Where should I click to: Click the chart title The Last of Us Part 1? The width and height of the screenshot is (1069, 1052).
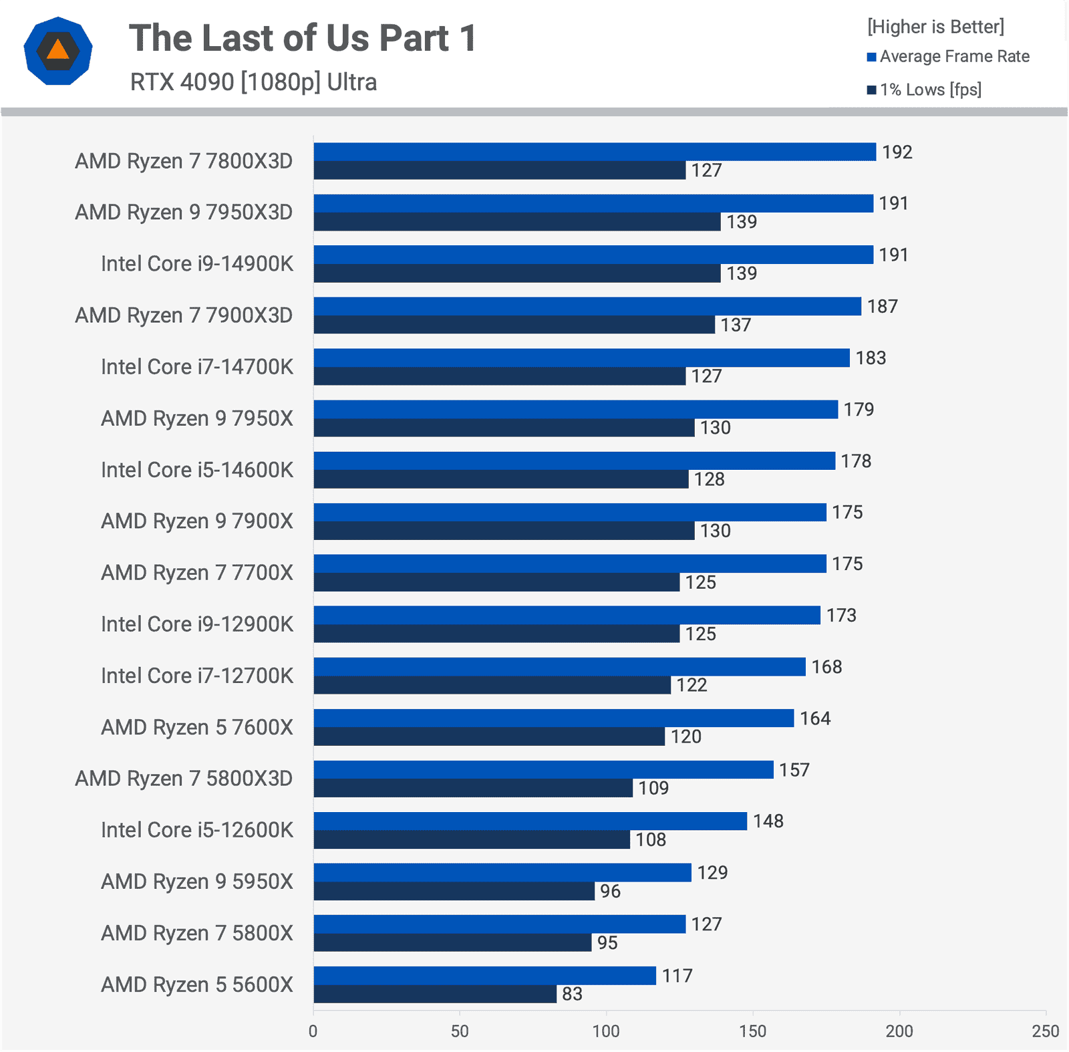click(x=302, y=38)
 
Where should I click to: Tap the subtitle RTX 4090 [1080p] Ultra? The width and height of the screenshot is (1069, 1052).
click(x=253, y=82)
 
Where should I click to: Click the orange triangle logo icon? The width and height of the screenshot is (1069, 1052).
click(x=58, y=51)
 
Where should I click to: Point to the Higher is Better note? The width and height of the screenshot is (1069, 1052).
click(x=935, y=27)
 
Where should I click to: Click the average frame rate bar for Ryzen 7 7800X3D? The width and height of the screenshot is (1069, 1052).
click(x=595, y=152)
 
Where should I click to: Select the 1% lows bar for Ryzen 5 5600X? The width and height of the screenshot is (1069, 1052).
click(x=435, y=994)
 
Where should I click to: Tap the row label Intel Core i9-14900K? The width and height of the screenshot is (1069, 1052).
click(x=197, y=263)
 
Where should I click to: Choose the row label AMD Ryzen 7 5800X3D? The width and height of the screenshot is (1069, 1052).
click(x=184, y=779)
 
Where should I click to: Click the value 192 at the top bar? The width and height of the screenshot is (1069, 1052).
click(x=897, y=152)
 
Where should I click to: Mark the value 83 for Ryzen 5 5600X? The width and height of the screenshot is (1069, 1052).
click(x=572, y=994)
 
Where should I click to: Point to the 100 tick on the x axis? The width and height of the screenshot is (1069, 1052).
click(x=606, y=1031)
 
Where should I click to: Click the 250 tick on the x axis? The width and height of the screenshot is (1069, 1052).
click(x=1045, y=1031)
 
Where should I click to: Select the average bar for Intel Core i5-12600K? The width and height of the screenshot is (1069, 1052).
click(x=530, y=821)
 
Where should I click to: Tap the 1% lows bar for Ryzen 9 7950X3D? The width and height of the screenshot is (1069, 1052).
click(x=517, y=222)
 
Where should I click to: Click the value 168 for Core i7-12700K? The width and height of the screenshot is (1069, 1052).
click(x=826, y=667)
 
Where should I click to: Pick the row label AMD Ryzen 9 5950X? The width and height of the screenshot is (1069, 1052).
click(x=197, y=882)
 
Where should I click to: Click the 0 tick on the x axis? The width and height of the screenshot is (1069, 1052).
click(x=313, y=1031)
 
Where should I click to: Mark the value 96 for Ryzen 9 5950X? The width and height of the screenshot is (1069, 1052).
click(x=610, y=891)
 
